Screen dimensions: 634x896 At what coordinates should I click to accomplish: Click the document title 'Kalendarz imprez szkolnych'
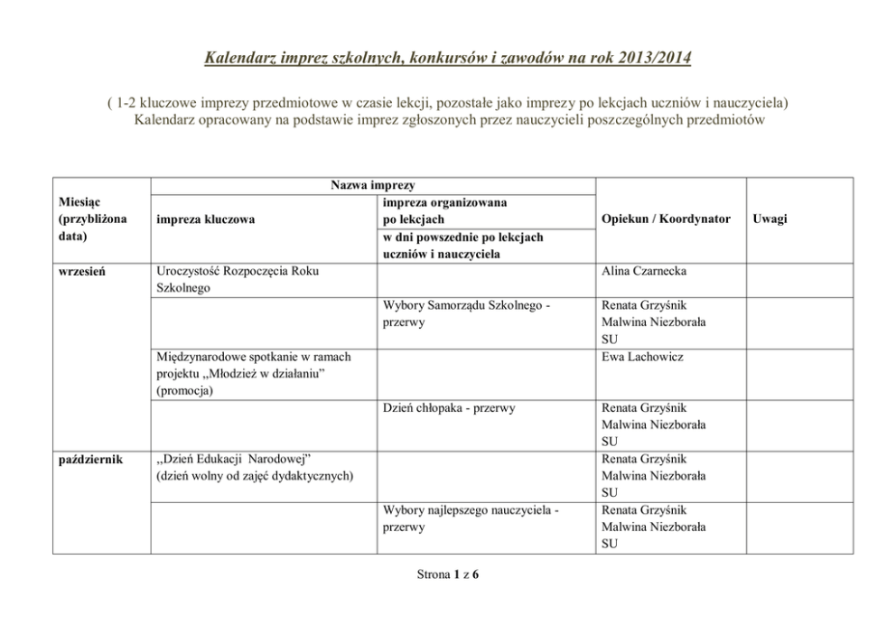tap(447, 60)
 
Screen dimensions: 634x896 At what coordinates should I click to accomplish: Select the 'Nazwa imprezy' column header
tap(372, 185)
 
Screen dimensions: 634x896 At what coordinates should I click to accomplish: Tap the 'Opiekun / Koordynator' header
tap(670, 219)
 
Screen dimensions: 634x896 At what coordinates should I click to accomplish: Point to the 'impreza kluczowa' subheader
tap(205, 219)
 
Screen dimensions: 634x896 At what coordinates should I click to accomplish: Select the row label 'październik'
tap(90, 460)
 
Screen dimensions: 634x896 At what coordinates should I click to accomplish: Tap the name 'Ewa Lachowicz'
tap(641, 357)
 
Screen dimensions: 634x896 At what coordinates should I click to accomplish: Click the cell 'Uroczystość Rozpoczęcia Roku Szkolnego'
tap(238, 279)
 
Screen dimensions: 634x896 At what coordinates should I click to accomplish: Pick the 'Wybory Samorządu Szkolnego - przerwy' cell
tap(466, 313)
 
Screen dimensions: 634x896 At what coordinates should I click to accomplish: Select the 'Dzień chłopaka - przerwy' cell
tap(449, 408)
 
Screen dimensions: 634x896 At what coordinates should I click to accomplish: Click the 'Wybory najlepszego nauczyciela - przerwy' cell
tap(470, 518)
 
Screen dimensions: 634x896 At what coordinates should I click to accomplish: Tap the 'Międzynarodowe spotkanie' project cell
tap(253, 357)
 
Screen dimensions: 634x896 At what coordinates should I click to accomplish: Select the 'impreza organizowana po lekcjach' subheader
tap(443, 211)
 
